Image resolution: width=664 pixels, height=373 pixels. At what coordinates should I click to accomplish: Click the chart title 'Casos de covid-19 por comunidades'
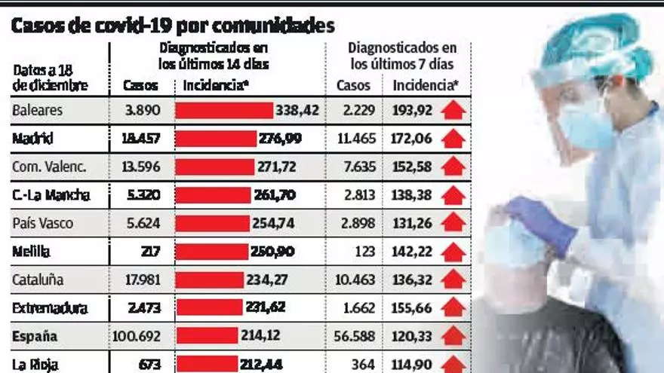coord(172,26)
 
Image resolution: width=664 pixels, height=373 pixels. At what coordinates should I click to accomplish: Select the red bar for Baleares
coord(224,111)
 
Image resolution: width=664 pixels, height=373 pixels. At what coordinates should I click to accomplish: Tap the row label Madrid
coord(32,139)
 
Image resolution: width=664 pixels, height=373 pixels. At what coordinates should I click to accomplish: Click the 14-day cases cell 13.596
coord(141,167)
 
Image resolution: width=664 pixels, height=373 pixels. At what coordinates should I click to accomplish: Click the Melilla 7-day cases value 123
coord(364,252)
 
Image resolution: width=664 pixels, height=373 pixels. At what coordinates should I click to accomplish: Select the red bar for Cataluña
coord(211,280)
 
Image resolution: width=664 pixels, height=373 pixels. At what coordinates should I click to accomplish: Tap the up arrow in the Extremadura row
coord(453,308)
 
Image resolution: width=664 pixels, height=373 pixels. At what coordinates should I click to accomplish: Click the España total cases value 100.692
coord(137,336)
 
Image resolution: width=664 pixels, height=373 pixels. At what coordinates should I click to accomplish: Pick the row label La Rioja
coord(34,365)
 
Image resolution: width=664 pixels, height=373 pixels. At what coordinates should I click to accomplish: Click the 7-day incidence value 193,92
coord(413,111)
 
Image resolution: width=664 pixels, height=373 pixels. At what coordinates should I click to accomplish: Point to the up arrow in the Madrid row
coord(453,139)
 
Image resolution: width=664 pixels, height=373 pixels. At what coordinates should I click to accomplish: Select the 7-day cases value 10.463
coord(355,280)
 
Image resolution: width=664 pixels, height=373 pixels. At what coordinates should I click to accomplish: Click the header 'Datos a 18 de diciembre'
coord(51,78)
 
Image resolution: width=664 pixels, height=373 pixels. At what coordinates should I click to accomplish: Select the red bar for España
coord(207,336)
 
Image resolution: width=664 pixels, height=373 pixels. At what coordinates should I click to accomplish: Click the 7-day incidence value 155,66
coord(413,308)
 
